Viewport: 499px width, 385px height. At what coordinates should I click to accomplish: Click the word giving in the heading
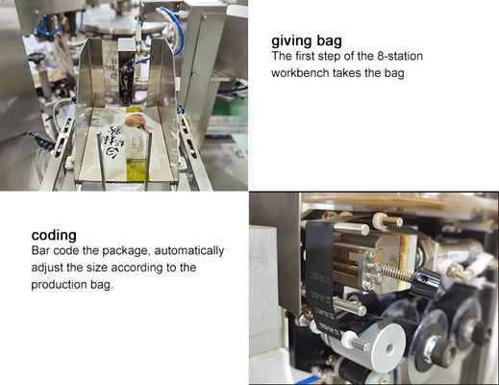[x=293, y=41]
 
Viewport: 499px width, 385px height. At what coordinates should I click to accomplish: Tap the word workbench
[x=301, y=73]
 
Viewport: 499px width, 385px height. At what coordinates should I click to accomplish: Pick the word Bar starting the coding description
[x=41, y=250]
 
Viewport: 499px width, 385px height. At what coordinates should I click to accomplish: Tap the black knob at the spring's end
[x=427, y=282]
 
